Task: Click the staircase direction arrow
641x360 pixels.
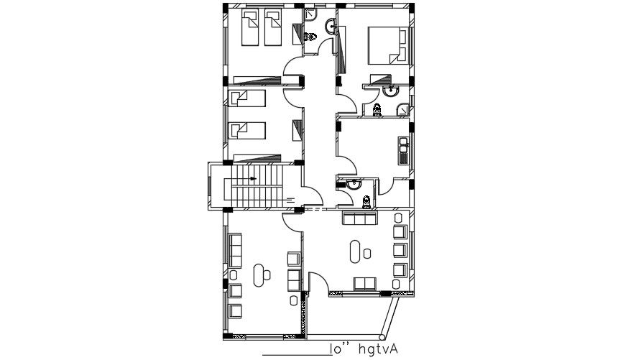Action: click(x=252, y=178)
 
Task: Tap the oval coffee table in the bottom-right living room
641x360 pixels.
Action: click(x=356, y=251)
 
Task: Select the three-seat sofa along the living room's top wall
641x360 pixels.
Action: click(x=358, y=218)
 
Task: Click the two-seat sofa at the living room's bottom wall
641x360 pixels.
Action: click(x=364, y=282)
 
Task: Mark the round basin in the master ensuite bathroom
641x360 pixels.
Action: click(x=391, y=91)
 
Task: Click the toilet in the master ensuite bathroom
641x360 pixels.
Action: click(x=377, y=110)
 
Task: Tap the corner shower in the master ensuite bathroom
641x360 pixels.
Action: click(x=404, y=109)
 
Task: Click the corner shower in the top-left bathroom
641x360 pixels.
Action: click(x=310, y=14)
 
